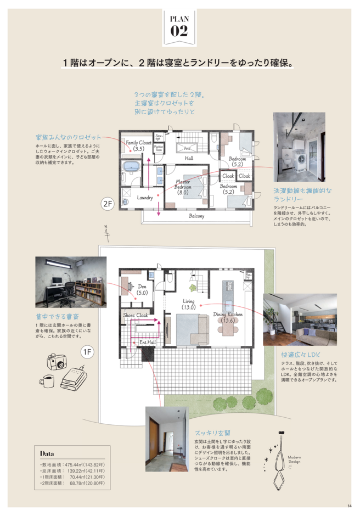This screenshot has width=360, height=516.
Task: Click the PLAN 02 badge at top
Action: point(179,25)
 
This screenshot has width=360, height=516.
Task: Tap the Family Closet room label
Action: point(138,145)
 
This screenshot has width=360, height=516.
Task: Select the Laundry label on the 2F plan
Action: point(145,197)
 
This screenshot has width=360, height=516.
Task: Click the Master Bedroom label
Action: point(183,187)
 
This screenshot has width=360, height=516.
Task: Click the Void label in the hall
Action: point(187,148)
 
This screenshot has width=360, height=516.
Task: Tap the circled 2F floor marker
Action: point(108,204)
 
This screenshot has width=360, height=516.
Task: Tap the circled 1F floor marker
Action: point(87,351)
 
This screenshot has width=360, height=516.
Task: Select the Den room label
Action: point(143,289)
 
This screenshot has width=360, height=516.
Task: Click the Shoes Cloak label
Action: point(136,316)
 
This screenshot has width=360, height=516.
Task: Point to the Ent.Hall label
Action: point(148,343)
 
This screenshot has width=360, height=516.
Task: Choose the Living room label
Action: point(189,304)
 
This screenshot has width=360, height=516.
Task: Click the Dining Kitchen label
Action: point(228,317)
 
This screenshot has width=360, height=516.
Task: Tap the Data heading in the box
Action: point(47,454)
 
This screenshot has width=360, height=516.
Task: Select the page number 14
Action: point(349,506)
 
